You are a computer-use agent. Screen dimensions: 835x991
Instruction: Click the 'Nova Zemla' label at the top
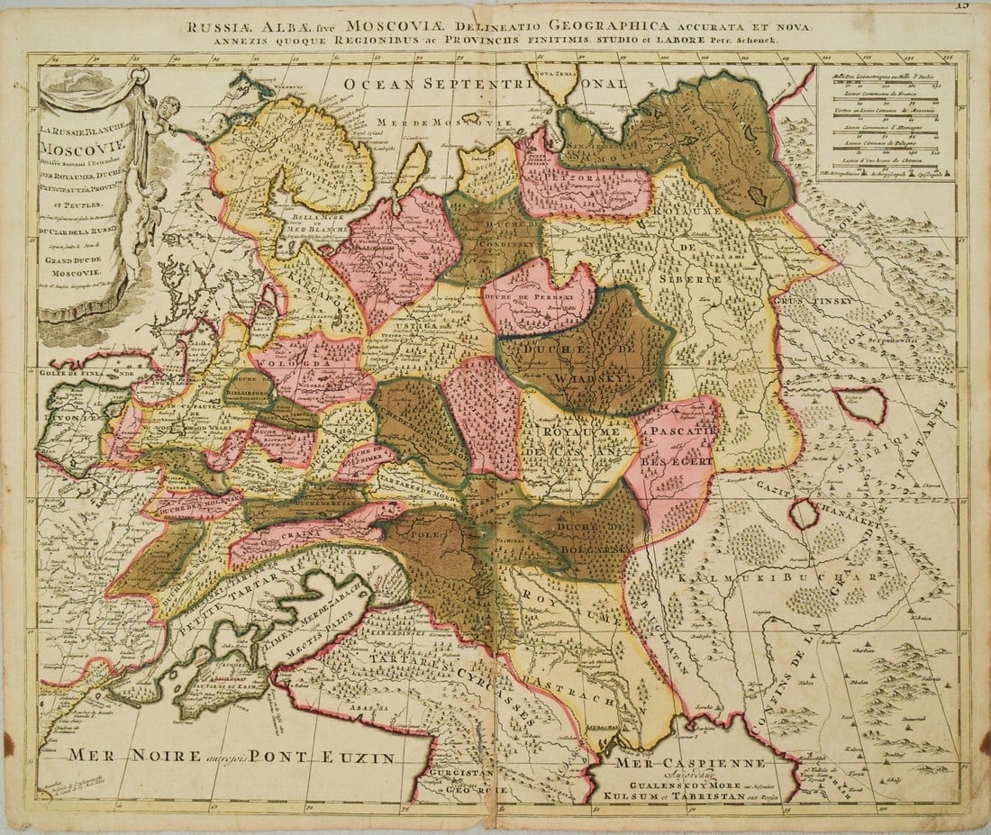552,71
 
